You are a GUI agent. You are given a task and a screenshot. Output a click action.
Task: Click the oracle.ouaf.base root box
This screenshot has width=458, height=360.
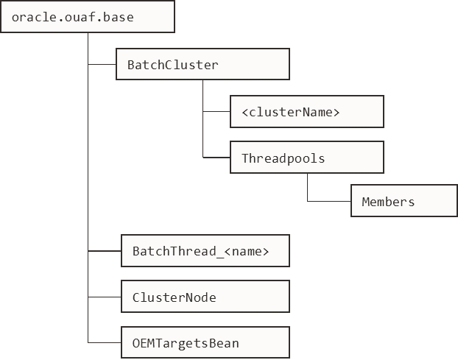click(x=88, y=16)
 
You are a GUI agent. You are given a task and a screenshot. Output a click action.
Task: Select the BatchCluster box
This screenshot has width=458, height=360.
click(x=202, y=65)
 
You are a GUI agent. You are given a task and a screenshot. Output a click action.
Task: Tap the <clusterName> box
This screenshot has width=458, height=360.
click(x=307, y=112)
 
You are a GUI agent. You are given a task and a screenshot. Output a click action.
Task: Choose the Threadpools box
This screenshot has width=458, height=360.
click(x=307, y=158)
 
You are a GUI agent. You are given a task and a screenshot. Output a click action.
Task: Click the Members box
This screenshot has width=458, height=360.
click(x=404, y=202)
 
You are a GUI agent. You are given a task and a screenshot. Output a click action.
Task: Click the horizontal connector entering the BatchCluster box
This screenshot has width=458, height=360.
click(x=102, y=65)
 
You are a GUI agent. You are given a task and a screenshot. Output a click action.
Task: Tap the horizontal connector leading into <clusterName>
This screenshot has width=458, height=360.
click(x=216, y=112)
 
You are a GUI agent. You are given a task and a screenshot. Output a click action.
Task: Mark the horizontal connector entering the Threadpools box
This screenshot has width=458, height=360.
click(x=216, y=158)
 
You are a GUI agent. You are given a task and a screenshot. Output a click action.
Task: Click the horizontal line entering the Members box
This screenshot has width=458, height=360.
click(x=328, y=202)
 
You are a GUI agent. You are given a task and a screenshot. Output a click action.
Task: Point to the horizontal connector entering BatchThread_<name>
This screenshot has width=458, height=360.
click(x=104, y=251)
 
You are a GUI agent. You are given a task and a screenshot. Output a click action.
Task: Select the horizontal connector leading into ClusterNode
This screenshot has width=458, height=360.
click(x=104, y=297)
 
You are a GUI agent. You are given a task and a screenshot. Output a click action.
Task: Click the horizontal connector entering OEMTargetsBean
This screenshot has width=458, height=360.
click(x=104, y=342)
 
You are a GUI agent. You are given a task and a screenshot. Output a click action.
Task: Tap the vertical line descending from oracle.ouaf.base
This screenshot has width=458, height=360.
click(x=88, y=184)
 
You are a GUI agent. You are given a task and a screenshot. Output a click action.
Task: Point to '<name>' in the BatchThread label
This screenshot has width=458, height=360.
click(x=246, y=251)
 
